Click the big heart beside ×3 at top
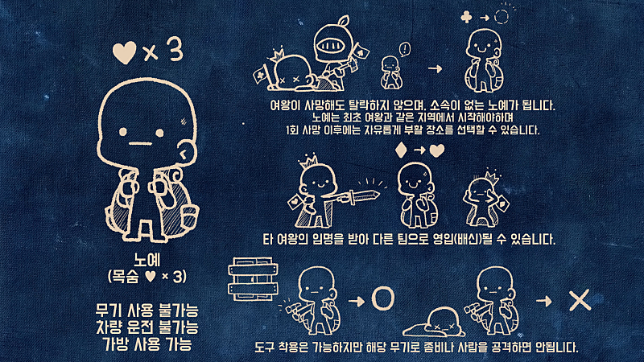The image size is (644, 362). (x=124, y=53)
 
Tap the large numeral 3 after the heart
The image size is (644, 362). (x=174, y=51)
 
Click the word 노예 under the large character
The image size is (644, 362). (x=147, y=260)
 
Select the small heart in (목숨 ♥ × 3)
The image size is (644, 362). (x=151, y=276)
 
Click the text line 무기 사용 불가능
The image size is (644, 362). (x=147, y=310)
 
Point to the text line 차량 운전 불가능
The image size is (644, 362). (x=147, y=327)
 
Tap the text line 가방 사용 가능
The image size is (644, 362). (x=147, y=344)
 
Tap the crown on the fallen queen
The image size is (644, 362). (x=277, y=55)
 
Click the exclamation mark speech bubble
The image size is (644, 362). (x=405, y=50)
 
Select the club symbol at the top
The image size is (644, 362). (x=467, y=17)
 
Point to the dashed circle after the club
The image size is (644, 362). (x=502, y=17)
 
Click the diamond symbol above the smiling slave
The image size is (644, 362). (x=400, y=150)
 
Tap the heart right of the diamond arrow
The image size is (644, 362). (x=436, y=150)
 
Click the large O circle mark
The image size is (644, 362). (x=383, y=298)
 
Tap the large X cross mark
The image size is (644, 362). (x=580, y=300)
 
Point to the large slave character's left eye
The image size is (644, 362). (x=123, y=132)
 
